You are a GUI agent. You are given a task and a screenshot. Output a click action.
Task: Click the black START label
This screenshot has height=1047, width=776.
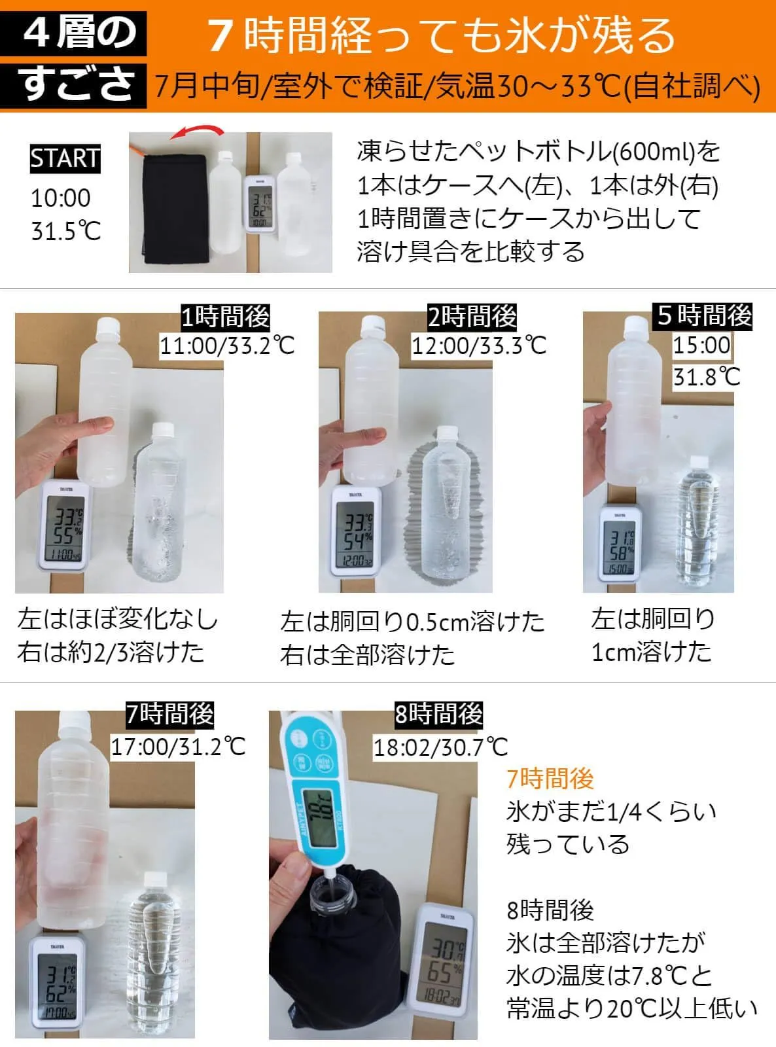pyautogui.click(x=65, y=158)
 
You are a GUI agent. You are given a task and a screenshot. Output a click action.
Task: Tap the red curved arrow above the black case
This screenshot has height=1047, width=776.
pyautogui.click(x=198, y=132)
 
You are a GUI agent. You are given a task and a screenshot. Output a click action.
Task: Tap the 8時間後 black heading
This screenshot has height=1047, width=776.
pyautogui.click(x=438, y=714)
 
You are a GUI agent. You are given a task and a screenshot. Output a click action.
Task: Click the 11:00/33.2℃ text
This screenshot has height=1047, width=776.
pyautogui.click(x=227, y=347)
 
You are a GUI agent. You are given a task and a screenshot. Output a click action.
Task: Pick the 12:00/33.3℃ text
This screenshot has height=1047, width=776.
pyautogui.click(x=479, y=347)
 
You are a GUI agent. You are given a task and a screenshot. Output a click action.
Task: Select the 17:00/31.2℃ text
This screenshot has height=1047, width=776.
pyautogui.click(x=178, y=747)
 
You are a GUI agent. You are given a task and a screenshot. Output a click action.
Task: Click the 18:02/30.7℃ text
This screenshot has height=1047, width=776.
pyautogui.click(x=440, y=748)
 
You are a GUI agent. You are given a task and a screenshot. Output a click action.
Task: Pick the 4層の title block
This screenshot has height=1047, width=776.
pyautogui.click(x=73, y=33)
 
